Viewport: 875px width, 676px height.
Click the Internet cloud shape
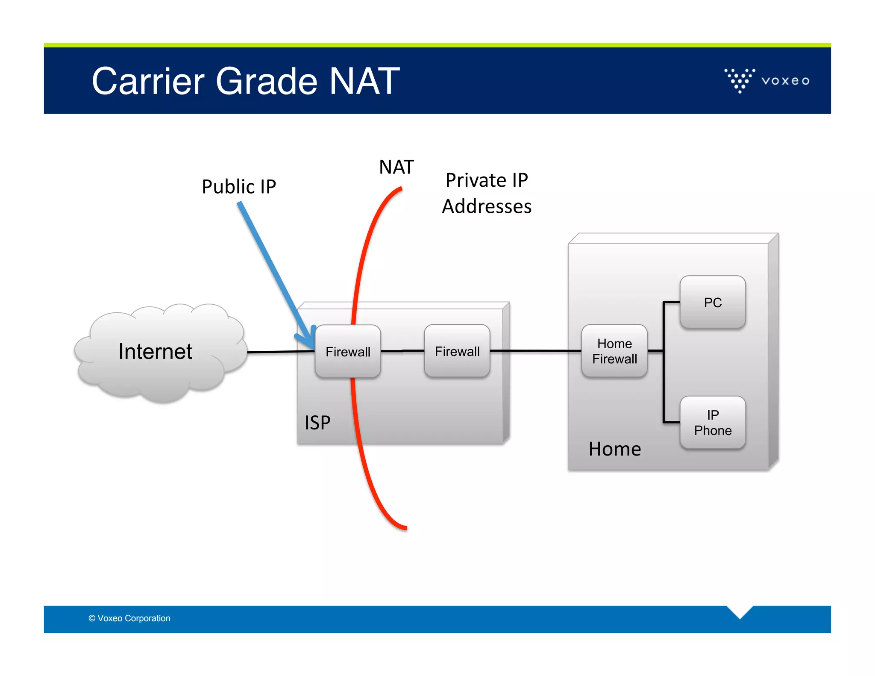pyautogui.click(x=156, y=352)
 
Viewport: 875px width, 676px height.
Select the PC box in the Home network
pyautogui.click(x=712, y=303)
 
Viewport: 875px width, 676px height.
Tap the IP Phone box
pyautogui.click(x=712, y=423)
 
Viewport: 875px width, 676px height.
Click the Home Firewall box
pyautogui.click(x=614, y=351)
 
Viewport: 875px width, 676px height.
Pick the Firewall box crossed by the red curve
pyautogui.click(x=347, y=352)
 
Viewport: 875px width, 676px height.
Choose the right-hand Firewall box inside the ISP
pyautogui.click(x=457, y=351)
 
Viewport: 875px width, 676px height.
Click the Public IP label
pyautogui.click(x=239, y=187)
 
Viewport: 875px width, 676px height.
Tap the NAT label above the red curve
pyautogui.click(x=396, y=167)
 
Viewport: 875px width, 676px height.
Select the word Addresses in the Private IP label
pyautogui.click(x=486, y=207)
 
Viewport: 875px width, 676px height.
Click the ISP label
pyautogui.click(x=317, y=423)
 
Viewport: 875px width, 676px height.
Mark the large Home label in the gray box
pyautogui.click(x=614, y=449)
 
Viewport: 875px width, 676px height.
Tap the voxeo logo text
pyautogui.click(x=785, y=81)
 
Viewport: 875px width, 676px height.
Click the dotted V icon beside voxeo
pyautogui.click(x=740, y=80)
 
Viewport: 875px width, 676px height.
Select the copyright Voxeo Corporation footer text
pyautogui.click(x=129, y=618)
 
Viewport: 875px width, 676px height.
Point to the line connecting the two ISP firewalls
pyautogui.click(x=402, y=351)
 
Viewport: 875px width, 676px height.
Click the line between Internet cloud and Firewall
pyautogui.click(x=280, y=352)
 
